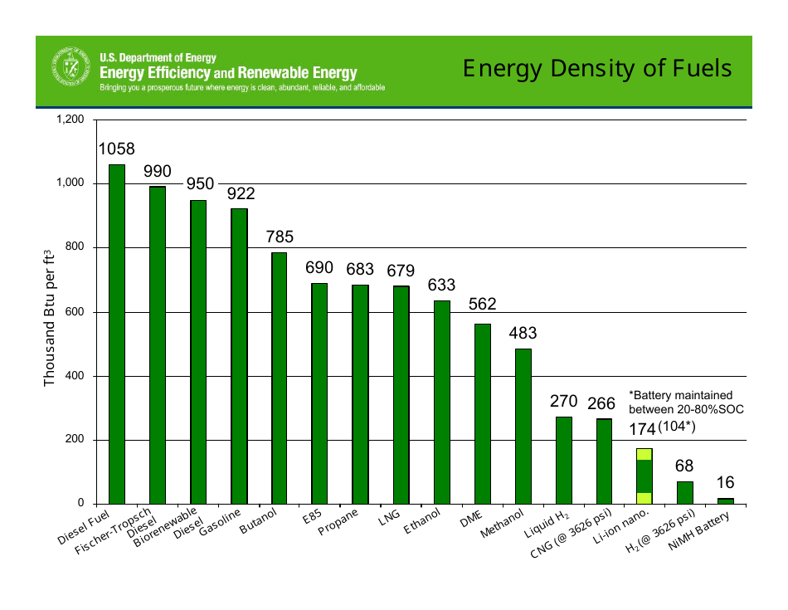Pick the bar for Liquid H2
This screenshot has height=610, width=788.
coord(563,460)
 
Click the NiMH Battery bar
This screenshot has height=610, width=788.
coord(725,500)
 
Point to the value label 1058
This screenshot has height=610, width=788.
coord(117,149)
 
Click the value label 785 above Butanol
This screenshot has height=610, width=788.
coord(280,237)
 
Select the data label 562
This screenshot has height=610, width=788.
coord(483,305)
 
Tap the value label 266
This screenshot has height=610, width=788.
coord(601,404)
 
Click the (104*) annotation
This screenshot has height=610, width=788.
coord(677,427)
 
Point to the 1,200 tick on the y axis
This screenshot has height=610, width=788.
coord(71,120)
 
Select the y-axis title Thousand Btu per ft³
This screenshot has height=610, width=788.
coord(49,318)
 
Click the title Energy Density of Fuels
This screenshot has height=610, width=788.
coord(597,68)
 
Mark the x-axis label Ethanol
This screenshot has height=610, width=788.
coord(421,525)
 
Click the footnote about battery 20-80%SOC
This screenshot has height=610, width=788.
coord(686,403)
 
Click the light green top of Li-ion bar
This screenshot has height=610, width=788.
coord(644,454)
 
